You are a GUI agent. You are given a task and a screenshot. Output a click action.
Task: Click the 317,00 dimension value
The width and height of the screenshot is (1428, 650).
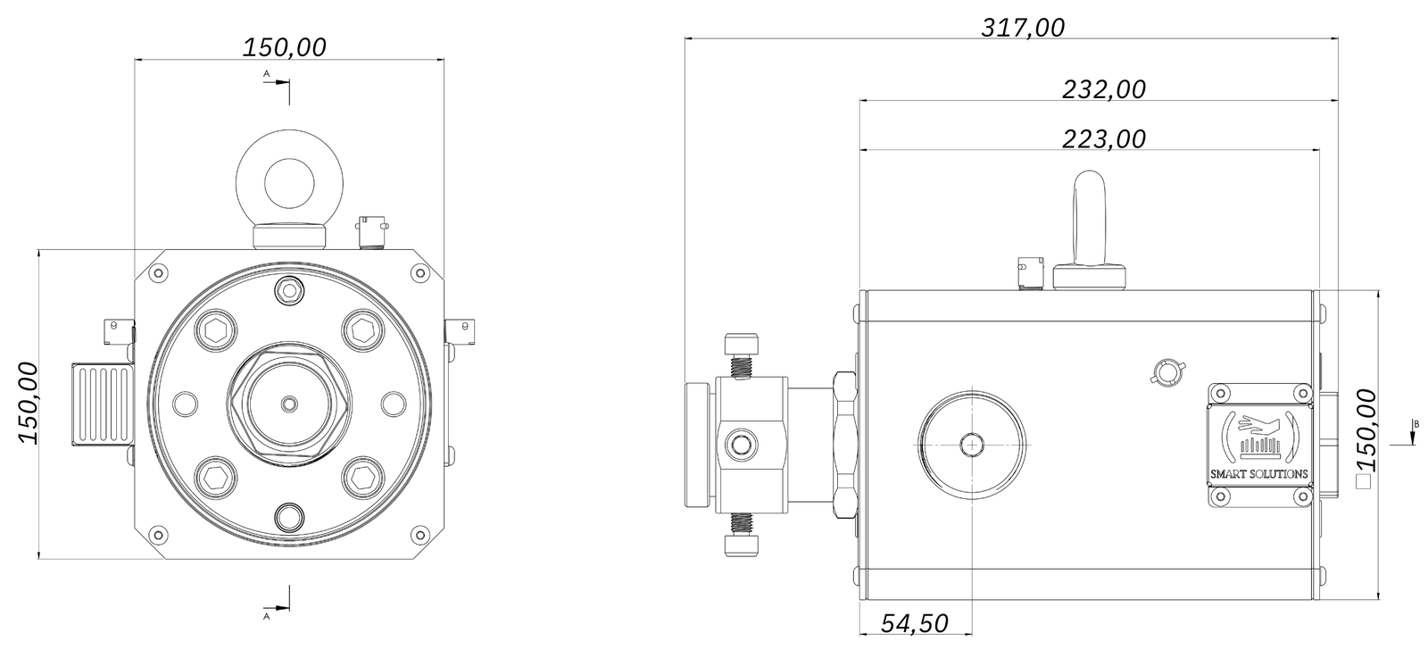(x=1023, y=28)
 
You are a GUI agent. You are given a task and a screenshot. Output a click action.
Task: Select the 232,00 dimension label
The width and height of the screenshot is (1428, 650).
(x=1104, y=89)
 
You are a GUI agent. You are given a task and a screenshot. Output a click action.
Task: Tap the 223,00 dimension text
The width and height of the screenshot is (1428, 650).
(x=1104, y=138)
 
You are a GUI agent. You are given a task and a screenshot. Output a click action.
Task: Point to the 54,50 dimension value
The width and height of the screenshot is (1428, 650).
(x=915, y=622)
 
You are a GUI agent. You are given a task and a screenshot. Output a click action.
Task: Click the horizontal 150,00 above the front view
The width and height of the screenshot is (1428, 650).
(x=285, y=47)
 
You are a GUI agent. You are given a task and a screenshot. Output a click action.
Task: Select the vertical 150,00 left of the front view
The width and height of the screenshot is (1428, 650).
(x=29, y=403)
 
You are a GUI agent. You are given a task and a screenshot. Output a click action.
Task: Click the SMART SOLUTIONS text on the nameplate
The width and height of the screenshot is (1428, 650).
(x=1259, y=474)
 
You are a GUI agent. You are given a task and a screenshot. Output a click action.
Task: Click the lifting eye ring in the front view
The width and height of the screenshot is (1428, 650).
(x=287, y=180)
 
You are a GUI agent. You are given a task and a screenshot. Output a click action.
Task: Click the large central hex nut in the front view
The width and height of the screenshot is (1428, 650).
(x=287, y=404)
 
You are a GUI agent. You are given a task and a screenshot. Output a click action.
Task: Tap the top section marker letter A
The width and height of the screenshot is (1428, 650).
(x=266, y=74)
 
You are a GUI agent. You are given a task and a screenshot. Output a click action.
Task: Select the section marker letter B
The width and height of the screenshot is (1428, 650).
(x=1416, y=423)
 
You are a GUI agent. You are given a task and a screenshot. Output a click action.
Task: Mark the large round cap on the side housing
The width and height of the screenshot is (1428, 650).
(x=971, y=444)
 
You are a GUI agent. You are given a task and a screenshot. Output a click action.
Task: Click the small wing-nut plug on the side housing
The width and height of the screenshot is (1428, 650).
(x=1165, y=372)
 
